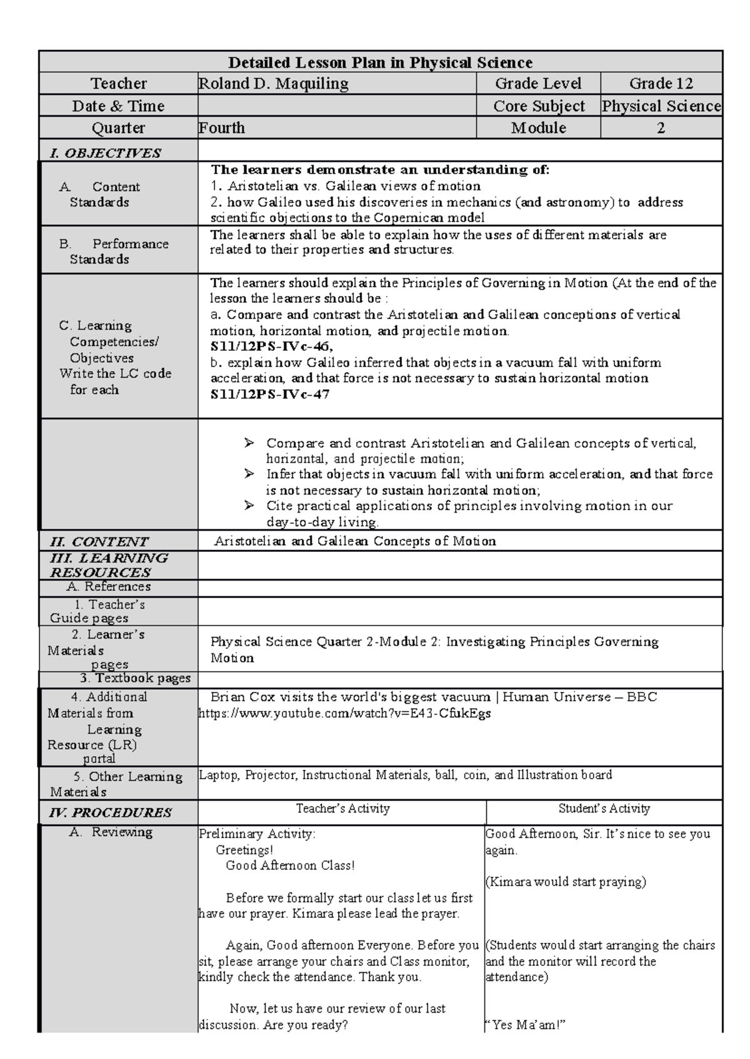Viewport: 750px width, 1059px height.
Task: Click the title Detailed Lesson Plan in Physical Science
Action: [x=380, y=62]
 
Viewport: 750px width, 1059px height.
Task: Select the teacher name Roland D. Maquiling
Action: [x=273, y=84]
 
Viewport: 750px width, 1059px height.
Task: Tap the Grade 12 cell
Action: [x=661, y=84]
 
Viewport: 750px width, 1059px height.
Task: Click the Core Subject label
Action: [x=539, y=106]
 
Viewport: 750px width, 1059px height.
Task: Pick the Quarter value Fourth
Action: [x=222, y=128]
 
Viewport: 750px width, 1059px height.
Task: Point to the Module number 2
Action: [x=661, y=128]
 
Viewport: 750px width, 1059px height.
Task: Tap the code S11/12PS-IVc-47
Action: [x=270, y=395]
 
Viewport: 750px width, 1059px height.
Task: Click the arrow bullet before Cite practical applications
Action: [x=249, y=505]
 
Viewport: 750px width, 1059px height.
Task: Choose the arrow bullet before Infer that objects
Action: [x=249, y=474]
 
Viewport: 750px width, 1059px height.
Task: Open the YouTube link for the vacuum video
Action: [x=344, y=713]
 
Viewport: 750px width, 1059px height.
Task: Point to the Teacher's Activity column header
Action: [x=342, y=809]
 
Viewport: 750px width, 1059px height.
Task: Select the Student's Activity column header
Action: [x=604, y=809]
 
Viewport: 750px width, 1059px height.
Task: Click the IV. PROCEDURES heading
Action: [x=110, y=812]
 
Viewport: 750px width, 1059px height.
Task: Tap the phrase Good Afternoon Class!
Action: [x=290, y=865]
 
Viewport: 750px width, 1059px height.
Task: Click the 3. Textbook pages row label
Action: [x=135, y=678]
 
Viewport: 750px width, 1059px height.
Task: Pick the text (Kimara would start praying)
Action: [x=566, y=882]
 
